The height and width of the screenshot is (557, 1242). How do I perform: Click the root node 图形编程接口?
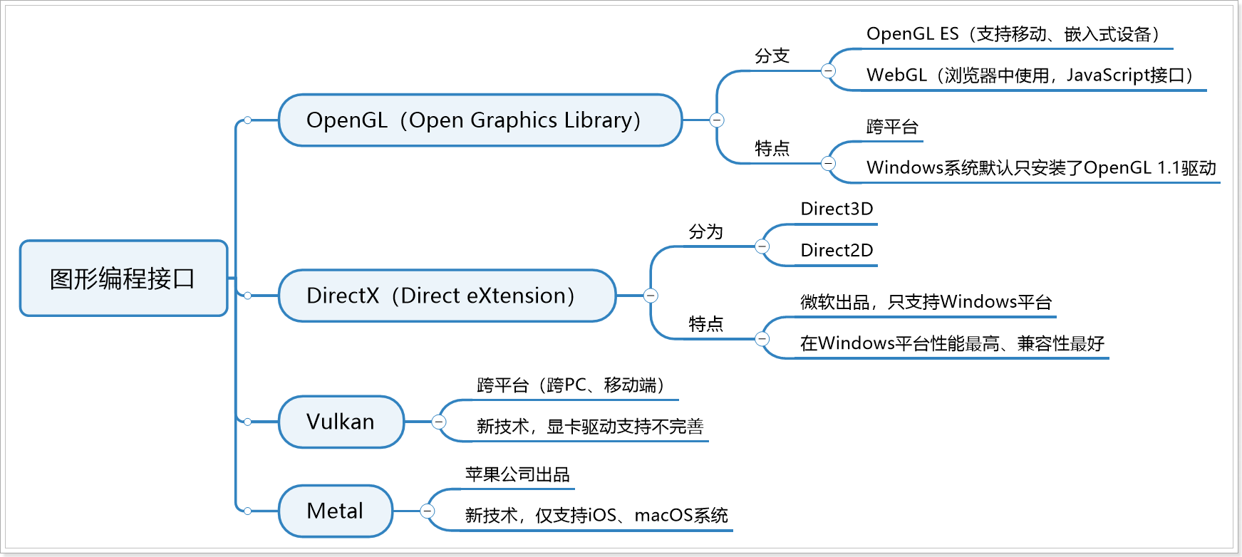pyautogui.click(x=123, y=278)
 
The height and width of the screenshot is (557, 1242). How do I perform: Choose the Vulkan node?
pyautogui.click(x=341, y=422)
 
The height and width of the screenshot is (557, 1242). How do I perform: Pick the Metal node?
pyautogui.click(x=335, y=511)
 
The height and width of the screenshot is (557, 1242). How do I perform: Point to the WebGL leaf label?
pyautogui.click(x=1029, y=76)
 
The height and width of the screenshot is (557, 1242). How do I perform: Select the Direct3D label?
pyautogui.click(x=837, y=209)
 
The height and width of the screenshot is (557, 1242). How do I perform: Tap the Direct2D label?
pyautogui.click(x=837, y=251)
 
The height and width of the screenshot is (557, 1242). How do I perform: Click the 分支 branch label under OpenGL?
pyautogui.click(x=772, y=56)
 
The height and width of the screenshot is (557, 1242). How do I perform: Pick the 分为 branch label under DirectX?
pyautogui.click(x=705, y=232)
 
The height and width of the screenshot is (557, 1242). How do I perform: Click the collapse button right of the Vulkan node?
pyautogui.click(x=439, y=422)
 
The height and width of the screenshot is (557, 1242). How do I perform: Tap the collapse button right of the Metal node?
pyautogui.click(x=427, y=511)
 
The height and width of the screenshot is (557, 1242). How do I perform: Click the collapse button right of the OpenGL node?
pyautogui.click(x=717, y=120)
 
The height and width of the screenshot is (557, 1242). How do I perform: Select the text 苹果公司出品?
pyautogui.click(x=517, y=474)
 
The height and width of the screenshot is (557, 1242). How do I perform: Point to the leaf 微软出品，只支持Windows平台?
pyautogui.click(x=926, y=302)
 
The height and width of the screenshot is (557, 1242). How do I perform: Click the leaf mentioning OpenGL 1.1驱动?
pyautogui.click(x=1040, y=168)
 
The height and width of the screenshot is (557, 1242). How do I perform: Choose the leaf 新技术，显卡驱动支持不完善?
pyautogui.click(x=589, y=427)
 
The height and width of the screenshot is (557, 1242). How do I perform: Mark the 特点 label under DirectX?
pyautogui.click(x=705, y=325)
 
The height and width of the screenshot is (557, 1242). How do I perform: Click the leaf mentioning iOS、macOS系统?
pyautogui.click(x=596, y=516)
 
